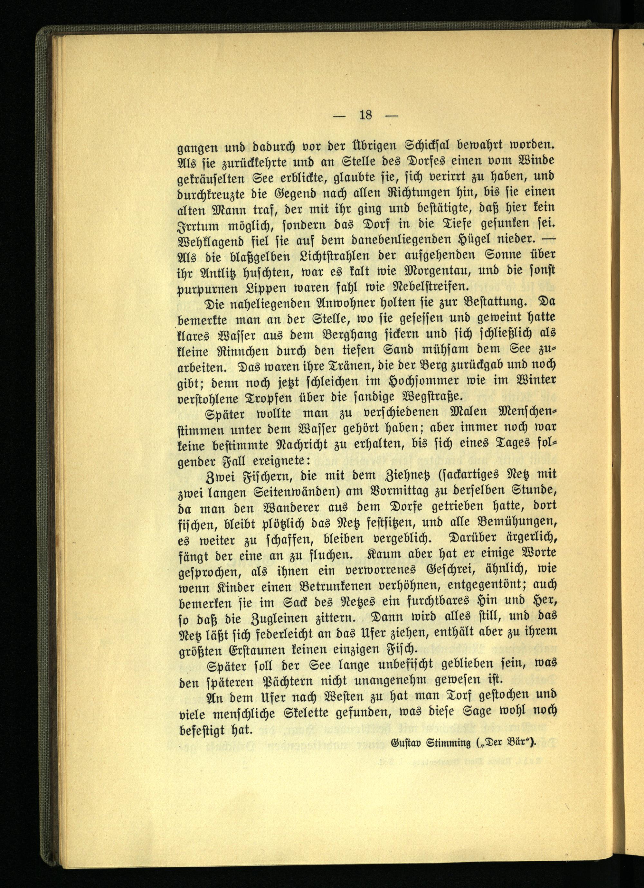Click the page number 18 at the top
pos(365,116)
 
